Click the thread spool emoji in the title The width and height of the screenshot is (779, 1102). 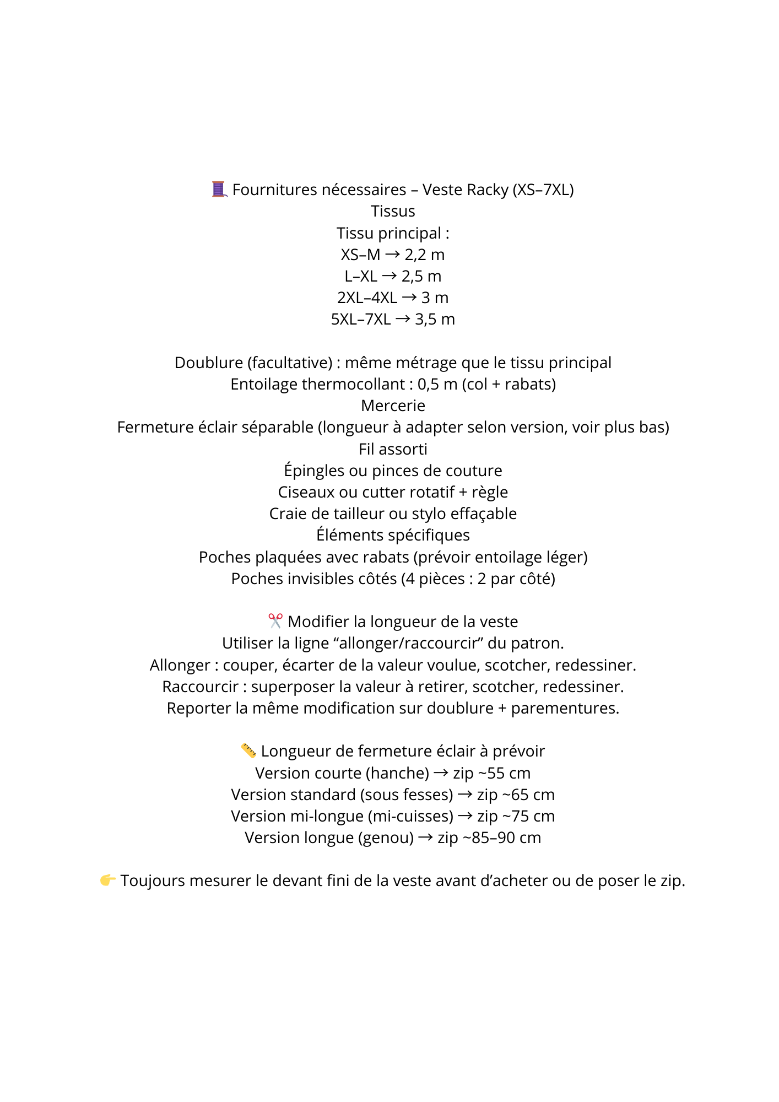pyautogui.click(x=219, y=189)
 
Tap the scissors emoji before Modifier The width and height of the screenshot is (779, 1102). pyautogui.click(x=275, y=621)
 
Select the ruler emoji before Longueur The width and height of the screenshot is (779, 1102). pyautogui.click(x=248, y=750)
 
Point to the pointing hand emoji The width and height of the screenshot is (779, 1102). pyautogui.click(x=107, y=880)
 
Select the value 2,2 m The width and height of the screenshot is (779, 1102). pyautogui.click(x=424, y=255)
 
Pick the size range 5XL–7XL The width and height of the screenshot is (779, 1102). pyautogui.click(x=361, y=319)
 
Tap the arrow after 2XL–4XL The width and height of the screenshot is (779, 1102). pyautogui.click(x=409, y=298)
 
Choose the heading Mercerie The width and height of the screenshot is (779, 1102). pyautogui.click(x=393, y=406)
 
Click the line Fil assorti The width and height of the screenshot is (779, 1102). pyautogui.click(x=393, y=449)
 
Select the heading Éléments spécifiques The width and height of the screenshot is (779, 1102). pyautogui.click(x=393, y=535)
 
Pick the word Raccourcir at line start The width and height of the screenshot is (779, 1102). pyautogui.click(x=200, y=687)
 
